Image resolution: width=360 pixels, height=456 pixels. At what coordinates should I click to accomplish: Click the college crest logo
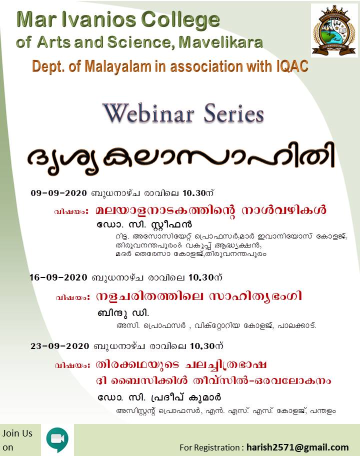(x=334, y=30)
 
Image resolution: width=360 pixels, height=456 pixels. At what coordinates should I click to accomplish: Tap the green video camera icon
(x=57, y=439)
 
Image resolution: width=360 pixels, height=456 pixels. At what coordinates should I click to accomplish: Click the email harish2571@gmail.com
(x=297, y=447)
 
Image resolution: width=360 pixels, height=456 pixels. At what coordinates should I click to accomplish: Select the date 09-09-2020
(x=58, y=193)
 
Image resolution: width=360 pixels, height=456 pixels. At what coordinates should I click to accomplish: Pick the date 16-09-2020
(x=58, y=277)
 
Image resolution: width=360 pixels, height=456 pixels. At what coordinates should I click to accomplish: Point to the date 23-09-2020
(x=60, y=346)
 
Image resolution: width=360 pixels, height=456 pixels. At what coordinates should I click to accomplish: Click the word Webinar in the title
(x=148, y=113)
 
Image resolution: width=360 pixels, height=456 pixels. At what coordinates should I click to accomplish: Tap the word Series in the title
(x=234, y=113)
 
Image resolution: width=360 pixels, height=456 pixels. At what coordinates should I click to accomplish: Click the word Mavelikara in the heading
(x=220, y=42)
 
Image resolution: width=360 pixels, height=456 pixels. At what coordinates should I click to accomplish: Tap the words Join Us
(x=17, y=433)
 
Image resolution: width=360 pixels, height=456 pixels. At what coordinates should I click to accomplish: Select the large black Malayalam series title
(x=181, y=157)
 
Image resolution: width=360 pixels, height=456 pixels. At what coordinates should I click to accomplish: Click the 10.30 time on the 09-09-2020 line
(x=194, y=193)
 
